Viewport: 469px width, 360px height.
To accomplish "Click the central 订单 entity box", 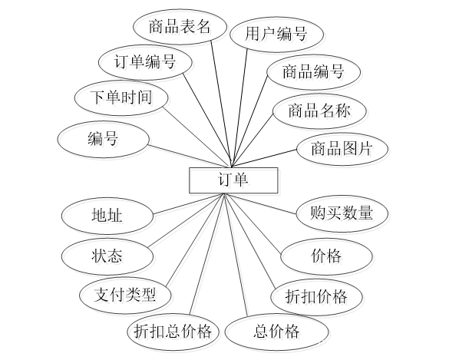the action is (x=234, y=182).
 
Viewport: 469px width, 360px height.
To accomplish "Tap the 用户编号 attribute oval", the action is (x=278, y=36).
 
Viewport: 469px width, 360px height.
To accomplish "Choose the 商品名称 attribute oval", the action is (x=321, y=113).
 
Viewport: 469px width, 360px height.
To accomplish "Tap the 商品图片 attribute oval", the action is (x=343, y=150).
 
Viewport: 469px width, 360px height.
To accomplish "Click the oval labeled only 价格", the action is (x=328, y=257).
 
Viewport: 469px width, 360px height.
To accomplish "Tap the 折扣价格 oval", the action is (x=318, y=298).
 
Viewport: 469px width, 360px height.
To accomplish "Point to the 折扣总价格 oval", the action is (x=176, y=333).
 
